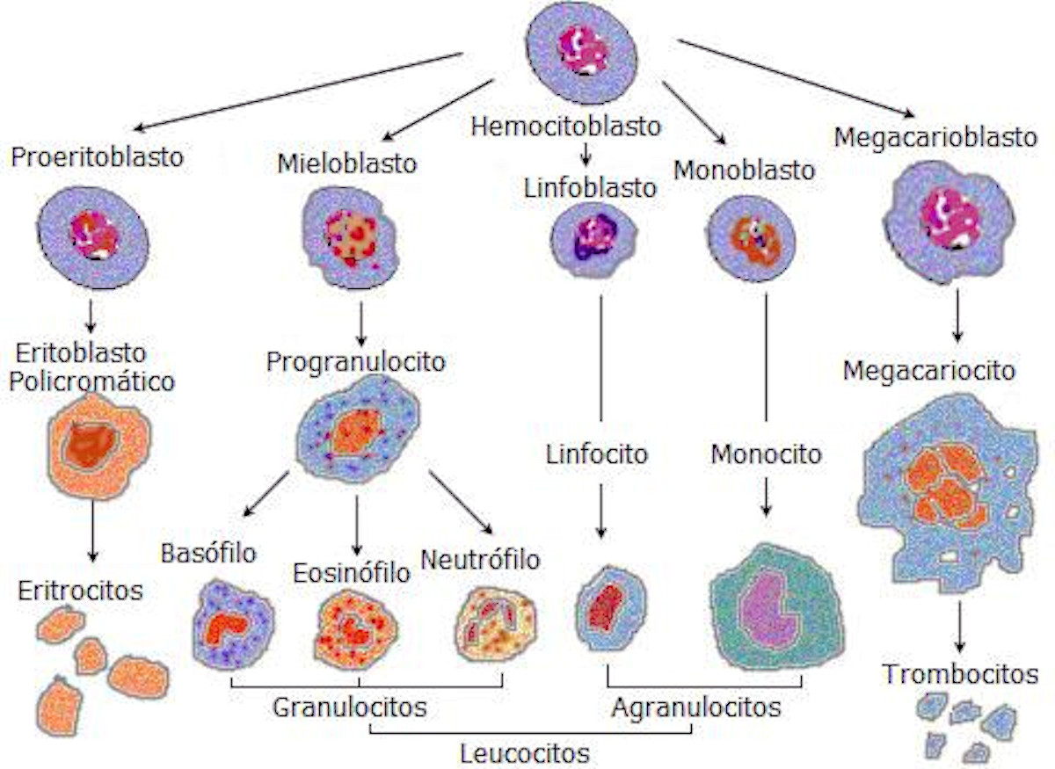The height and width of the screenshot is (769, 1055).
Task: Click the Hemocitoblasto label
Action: click(x=565, y=126)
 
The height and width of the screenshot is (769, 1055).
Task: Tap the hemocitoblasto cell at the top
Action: click(x=582, y=53)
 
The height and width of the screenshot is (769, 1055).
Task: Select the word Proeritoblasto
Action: click(x=98, y=158)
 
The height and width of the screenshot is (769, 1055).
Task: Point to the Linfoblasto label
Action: click(x=591, y=187)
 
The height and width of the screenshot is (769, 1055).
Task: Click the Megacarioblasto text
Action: click(x=935, y=138)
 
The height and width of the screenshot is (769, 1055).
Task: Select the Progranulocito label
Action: click(x=356, y=361)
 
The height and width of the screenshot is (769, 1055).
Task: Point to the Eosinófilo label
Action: click(x=352, y=573)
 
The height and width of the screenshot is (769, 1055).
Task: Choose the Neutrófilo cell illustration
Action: click(x=496, y=626)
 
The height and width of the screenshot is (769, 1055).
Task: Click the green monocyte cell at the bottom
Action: click(x=776, y=606)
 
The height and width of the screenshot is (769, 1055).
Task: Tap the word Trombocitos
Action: click(x=960, y=675)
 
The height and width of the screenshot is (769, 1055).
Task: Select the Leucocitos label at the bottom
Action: click(x=525, y=753)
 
